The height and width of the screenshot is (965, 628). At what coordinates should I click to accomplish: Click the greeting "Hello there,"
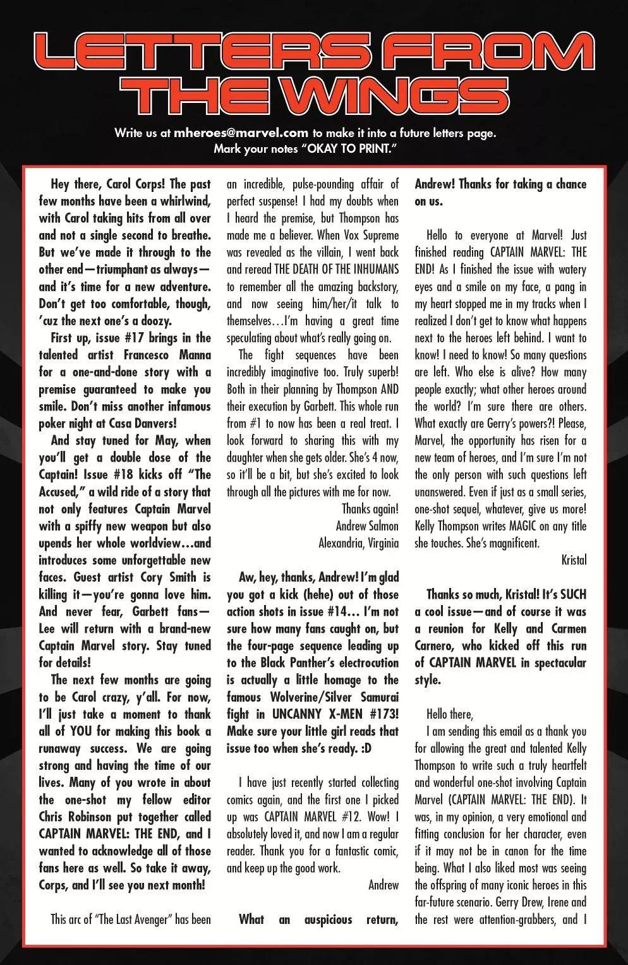(x=449, y=714)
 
